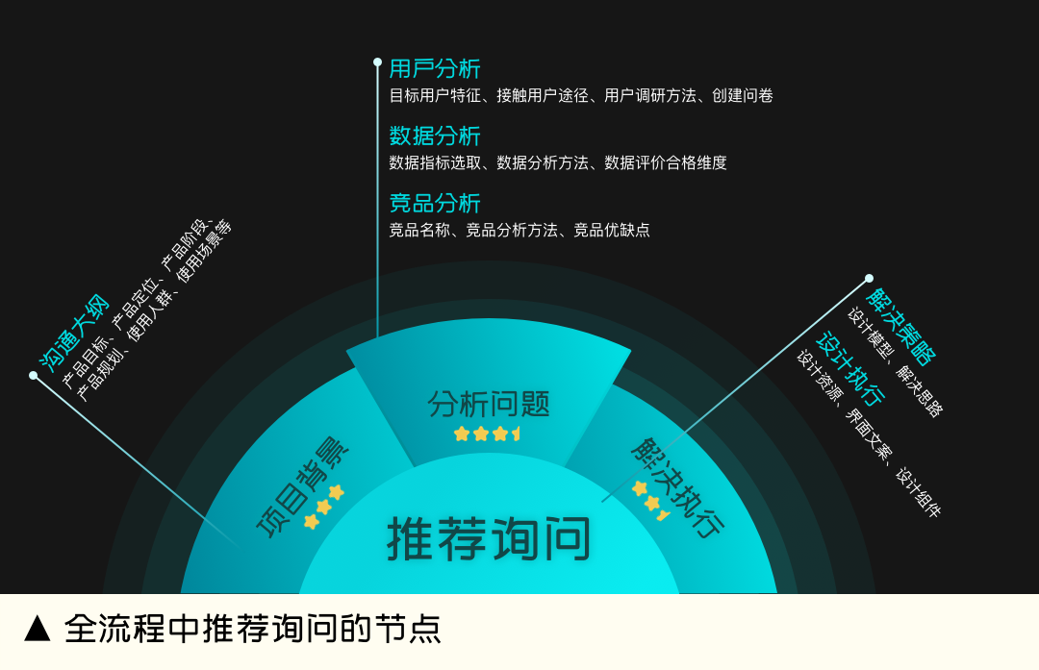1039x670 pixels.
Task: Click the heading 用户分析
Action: click(x=435, y=69)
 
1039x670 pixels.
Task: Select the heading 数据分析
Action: click(x=435, y=136)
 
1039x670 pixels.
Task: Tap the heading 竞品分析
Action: click(x=435, y=204)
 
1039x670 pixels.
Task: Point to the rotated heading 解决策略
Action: click(x=900, y=327)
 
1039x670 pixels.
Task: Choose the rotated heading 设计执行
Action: click(x=850, y=369)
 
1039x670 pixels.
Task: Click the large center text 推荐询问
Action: click(x=489, y=539)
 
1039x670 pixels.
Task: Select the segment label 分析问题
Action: click(x=489, y=404)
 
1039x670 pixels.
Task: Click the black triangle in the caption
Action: click(x=38, y=629)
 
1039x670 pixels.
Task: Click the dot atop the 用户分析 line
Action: click(x=377, y=62)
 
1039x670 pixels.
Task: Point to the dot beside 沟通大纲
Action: click(x=34, y=376)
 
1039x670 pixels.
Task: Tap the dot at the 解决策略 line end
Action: click(x=869, y=279)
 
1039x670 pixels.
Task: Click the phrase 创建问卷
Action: click(x=743, y=96)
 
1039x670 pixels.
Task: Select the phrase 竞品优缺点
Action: click(x=612, y=231)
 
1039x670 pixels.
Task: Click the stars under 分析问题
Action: click(x=487, y=434)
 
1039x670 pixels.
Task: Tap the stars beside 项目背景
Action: click(x=323, y=507)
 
